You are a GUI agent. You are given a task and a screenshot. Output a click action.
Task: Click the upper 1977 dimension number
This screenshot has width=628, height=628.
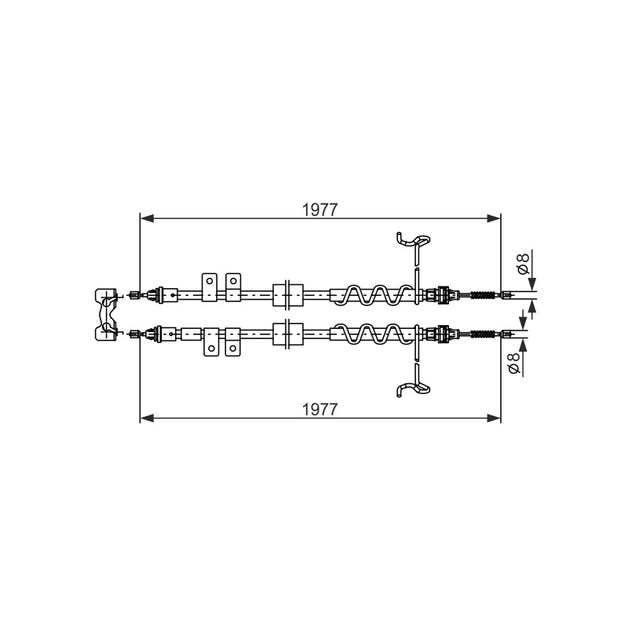click(x=319, y=210)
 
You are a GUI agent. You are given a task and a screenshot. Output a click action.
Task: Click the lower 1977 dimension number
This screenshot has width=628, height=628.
click(x=319, y=410)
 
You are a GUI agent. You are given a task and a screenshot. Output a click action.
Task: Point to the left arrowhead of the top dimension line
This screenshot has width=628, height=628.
click(x=147, y=218)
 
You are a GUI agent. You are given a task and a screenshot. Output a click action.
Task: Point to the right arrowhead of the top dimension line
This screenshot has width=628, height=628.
click(x=494, y=218)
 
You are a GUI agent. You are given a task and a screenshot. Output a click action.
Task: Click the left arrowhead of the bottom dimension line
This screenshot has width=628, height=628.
click(x=147, y=418)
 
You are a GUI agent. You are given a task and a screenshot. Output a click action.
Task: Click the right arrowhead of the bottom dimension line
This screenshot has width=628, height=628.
click(x=494, y=418)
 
